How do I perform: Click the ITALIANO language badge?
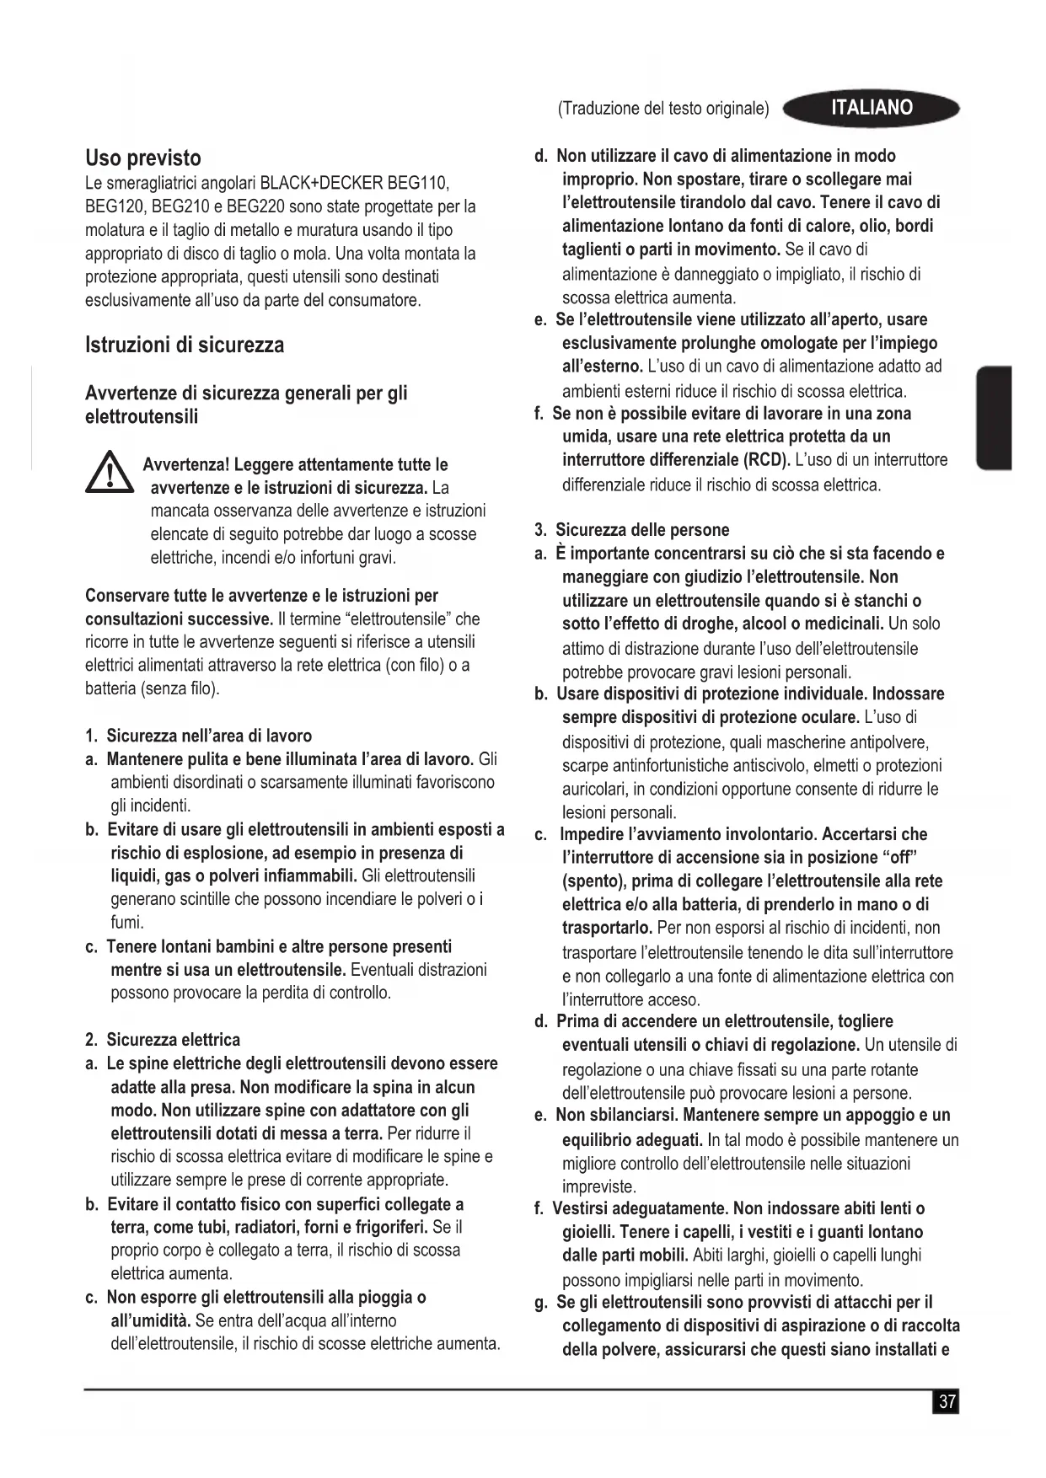point(871,108)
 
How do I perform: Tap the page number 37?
point(947,1401)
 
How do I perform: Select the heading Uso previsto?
point(143,158)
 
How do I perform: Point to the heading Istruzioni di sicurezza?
point(185,345)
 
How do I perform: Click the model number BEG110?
point(416,183)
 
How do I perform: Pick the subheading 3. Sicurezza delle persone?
point(632,530)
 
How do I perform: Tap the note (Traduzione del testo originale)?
point(663,109)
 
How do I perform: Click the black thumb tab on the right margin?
point(994,418)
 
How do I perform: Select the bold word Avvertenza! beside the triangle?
point(186,465)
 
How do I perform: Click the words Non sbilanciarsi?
point(617,1116)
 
